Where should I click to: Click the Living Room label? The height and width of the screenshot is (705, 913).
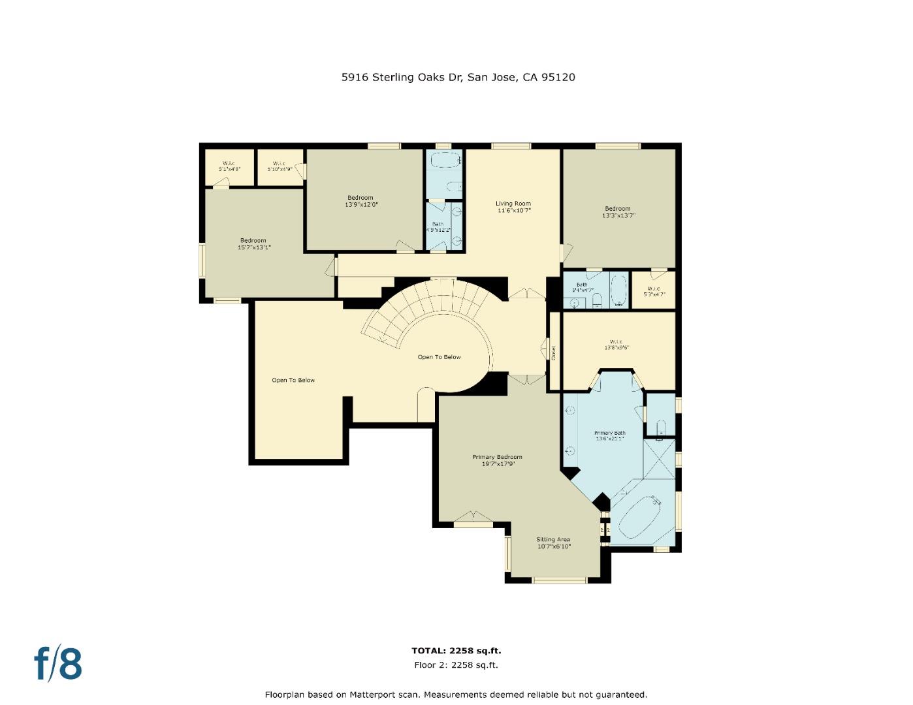[x=513, y=207]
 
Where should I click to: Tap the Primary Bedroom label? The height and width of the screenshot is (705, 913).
[x=497, y=460]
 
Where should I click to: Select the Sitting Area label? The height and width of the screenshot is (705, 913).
[x=553, y=542]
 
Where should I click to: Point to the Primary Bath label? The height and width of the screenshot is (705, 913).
[x=609, y=435]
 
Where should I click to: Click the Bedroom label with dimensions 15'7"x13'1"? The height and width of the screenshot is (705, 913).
[x=253, y=243]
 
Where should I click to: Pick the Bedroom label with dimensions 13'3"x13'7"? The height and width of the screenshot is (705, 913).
[x=618, y=211]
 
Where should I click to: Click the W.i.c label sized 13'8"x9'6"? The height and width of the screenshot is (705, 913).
[x=616, y=345]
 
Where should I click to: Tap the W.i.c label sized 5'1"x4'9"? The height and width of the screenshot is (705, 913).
[x=229, y=166]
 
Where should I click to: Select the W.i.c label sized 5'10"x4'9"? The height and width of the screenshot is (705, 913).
[x=279, y=166]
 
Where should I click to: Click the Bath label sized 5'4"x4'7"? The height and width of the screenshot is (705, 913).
[x=582, y=287]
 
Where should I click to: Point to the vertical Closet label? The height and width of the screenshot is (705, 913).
[x=554, y=352]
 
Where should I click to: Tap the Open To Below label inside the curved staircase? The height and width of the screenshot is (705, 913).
[x=439, y=357]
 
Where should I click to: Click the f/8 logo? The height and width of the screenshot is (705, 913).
[x=58, y=664]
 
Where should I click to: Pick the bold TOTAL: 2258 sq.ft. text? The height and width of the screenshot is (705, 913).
[x=456, y=651]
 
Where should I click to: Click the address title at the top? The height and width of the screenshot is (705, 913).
[x=458, y=77]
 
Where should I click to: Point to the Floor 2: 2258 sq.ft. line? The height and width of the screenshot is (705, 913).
[x=456, y=665]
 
